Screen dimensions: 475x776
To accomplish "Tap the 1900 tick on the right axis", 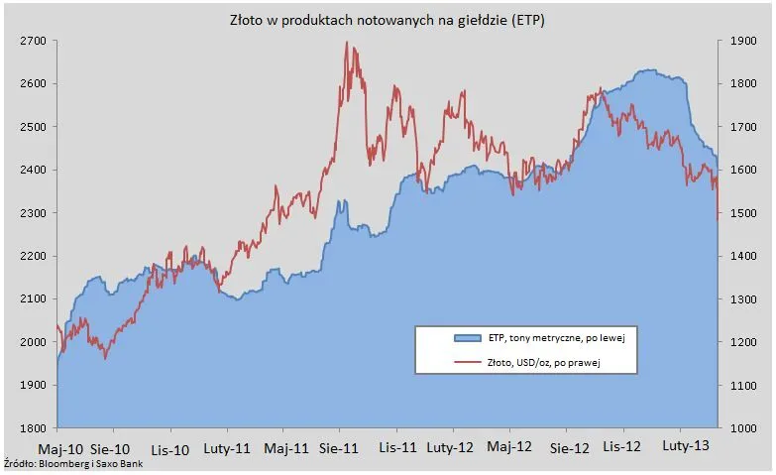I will point(740,41).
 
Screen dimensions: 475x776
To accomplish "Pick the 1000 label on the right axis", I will point(740,428).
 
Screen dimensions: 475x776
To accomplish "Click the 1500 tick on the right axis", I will point(740,213).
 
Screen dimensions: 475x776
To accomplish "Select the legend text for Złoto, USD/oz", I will point(546,364).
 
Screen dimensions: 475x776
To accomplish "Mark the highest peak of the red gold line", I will point(346,43).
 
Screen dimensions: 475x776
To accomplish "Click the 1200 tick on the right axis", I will point(740,342).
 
